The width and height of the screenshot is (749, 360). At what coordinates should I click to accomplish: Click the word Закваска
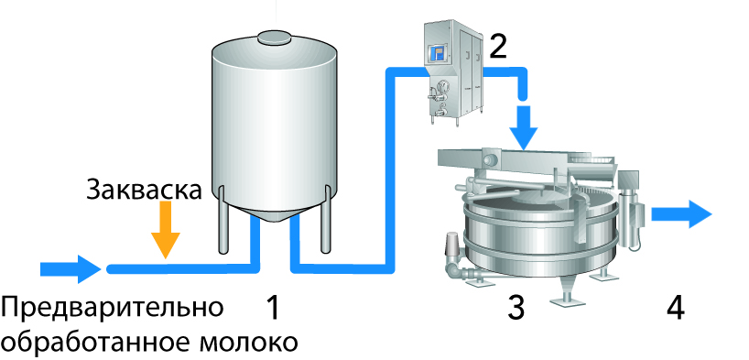144,190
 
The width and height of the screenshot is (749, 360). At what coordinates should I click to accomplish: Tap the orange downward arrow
166,230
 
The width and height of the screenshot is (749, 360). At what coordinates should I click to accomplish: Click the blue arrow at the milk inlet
71,269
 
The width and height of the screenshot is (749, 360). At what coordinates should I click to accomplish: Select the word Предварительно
112,308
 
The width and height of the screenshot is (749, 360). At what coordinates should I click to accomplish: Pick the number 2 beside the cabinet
498,47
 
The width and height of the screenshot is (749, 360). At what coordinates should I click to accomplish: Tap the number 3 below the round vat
516,308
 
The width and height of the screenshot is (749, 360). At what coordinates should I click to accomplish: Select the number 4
676,308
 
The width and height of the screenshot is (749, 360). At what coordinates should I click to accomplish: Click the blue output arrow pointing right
681,213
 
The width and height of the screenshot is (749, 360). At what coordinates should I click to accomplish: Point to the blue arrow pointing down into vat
524,127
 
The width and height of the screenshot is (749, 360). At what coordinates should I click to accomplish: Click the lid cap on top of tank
274,37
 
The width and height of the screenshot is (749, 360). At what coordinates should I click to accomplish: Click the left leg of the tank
223,219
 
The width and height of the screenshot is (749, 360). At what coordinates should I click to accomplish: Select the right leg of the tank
325,219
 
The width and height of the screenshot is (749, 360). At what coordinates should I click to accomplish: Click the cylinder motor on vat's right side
630,208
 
